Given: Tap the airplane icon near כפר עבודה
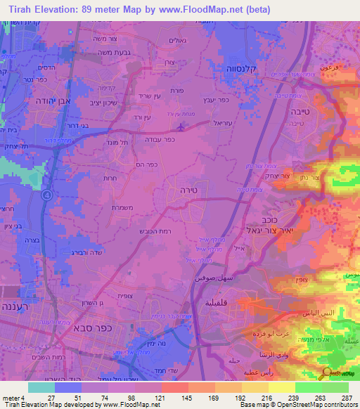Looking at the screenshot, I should (182, 127).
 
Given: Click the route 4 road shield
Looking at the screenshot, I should (46, 195).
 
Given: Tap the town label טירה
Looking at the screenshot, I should (186, 190).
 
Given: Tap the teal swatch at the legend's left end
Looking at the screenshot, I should (41, 387).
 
